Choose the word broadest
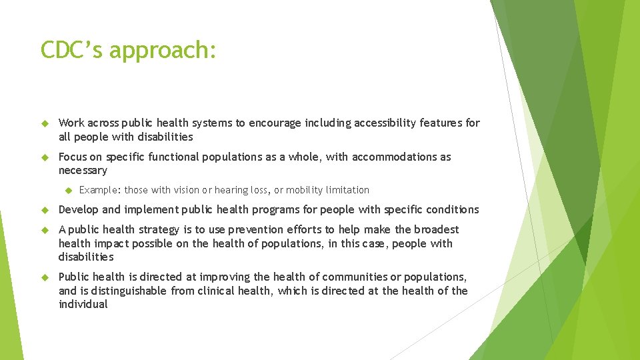click(x=437, y=230)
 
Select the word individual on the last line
click(x=83, y=304)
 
